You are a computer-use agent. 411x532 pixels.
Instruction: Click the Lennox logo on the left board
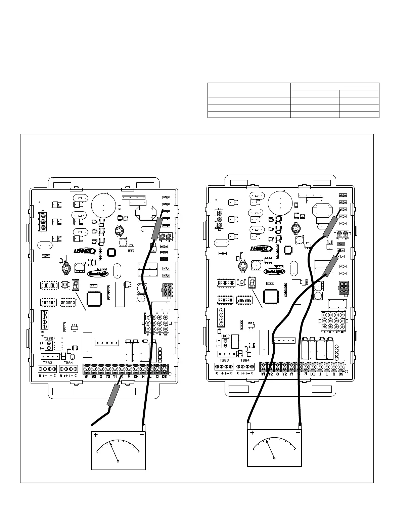[85, 251]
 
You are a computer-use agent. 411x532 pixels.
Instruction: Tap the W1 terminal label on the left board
[87, 376]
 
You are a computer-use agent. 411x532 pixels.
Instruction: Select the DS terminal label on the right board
[341, 374]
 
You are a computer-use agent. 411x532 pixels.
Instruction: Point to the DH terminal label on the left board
[136, 376]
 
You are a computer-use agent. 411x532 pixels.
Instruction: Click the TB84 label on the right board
[245, 360]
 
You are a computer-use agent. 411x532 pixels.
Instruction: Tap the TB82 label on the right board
[225, 336]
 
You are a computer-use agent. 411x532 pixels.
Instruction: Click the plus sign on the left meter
[96, 435]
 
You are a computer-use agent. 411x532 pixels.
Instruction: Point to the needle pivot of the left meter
[118, 461]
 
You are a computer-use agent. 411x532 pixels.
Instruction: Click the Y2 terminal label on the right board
[284, 374]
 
